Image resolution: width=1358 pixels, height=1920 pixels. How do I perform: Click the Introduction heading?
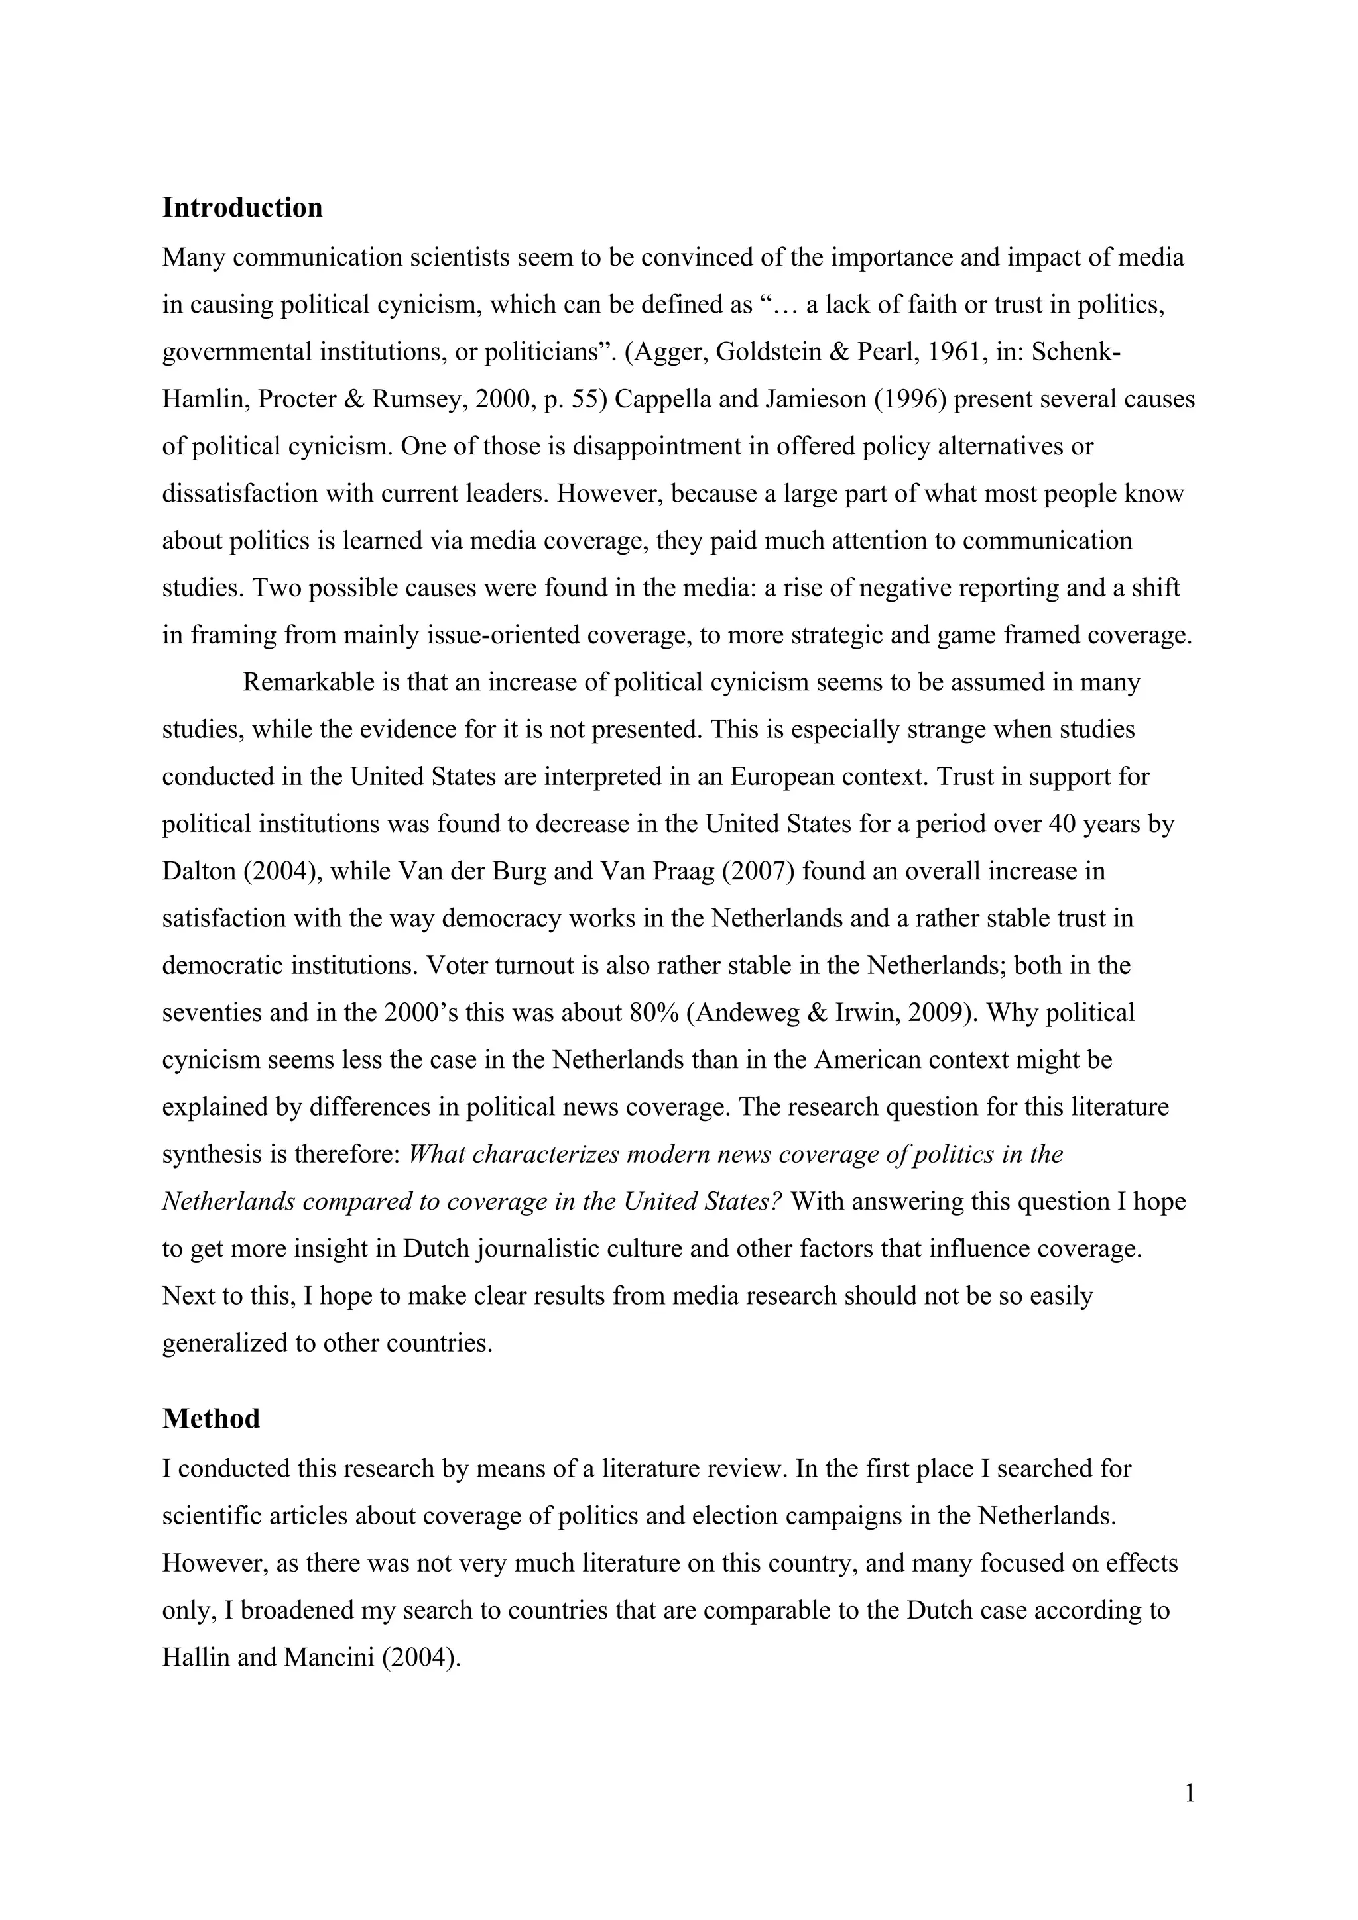242,207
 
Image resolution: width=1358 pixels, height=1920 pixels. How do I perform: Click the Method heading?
211,1418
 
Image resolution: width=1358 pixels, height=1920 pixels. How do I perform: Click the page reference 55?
586,399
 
